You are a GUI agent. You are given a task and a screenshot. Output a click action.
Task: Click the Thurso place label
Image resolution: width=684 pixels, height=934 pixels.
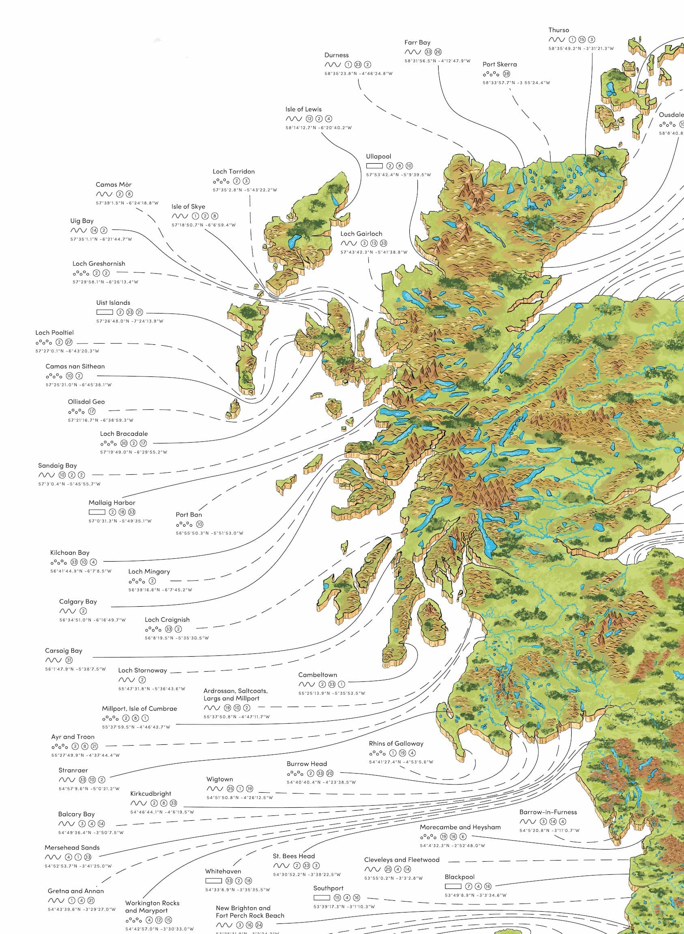[x=559, y=30]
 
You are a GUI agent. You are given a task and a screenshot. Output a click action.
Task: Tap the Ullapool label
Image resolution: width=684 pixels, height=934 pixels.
[x=378, y=157]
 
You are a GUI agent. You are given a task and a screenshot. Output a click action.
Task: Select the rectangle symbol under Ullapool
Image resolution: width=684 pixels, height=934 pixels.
[x=374, y=166]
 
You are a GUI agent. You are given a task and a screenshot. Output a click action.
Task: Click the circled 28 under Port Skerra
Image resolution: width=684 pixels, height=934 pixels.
[x=506, y=74]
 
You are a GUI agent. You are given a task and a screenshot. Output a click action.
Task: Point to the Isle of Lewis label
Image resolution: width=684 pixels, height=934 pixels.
[x=303, y=109]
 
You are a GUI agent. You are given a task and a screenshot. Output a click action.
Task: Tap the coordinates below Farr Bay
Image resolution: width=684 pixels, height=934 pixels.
[x=437, y=61]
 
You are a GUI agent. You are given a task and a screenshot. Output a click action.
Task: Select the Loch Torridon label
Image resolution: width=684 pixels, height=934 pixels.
[x=234, y=171]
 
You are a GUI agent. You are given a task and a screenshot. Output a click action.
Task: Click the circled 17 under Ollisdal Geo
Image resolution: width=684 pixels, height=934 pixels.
[x=92, y=411]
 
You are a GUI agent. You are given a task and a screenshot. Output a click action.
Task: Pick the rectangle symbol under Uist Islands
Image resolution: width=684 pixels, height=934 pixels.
[x=104, y=312]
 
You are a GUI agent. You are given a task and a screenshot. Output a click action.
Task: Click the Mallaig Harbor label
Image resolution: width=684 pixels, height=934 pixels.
[x=112, y=503]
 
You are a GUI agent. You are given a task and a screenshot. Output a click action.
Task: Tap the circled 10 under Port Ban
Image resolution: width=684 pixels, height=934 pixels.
[x=200, y=524]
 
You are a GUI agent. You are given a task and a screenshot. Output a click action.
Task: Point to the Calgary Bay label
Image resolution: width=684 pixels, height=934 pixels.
[x=78, y=602]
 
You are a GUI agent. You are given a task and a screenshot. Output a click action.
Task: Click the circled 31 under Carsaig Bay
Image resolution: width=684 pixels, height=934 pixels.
[x=69, y=660]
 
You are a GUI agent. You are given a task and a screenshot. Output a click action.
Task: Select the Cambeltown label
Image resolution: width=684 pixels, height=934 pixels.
[x=318, y=675]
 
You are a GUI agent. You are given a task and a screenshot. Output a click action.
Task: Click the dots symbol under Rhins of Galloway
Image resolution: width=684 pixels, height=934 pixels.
[x=377, y=753]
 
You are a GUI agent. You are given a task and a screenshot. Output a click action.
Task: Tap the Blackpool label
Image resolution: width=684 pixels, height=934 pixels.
[x=459, y=877]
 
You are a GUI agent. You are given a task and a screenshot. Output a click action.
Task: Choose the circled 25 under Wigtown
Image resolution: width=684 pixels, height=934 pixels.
[x=230, y=789]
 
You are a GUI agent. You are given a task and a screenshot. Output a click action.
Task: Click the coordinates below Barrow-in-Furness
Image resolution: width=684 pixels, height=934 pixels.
[x=549, y=830]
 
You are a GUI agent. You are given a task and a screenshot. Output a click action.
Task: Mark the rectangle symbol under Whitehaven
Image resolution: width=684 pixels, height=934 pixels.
[x=214, y=880]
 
